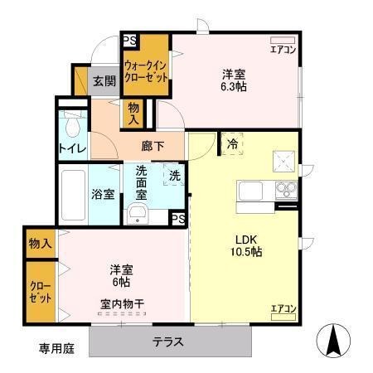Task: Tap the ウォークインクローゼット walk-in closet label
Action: pos(146,70)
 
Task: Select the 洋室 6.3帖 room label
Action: pos(232,79)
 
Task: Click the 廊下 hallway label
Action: pos(153,146)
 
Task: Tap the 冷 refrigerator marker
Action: pos(232,143)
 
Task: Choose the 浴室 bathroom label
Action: pos(103,196)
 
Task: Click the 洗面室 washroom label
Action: pos(142,183)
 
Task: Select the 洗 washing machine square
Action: pos(174,176)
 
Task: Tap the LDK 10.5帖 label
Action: pos(246,245)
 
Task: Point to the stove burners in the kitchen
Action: pos(285,189)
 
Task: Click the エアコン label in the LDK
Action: pos(283,308)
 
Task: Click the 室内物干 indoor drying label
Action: pos(122,303)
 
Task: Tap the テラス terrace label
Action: pos(167,342)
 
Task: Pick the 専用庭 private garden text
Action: pos(56,349)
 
